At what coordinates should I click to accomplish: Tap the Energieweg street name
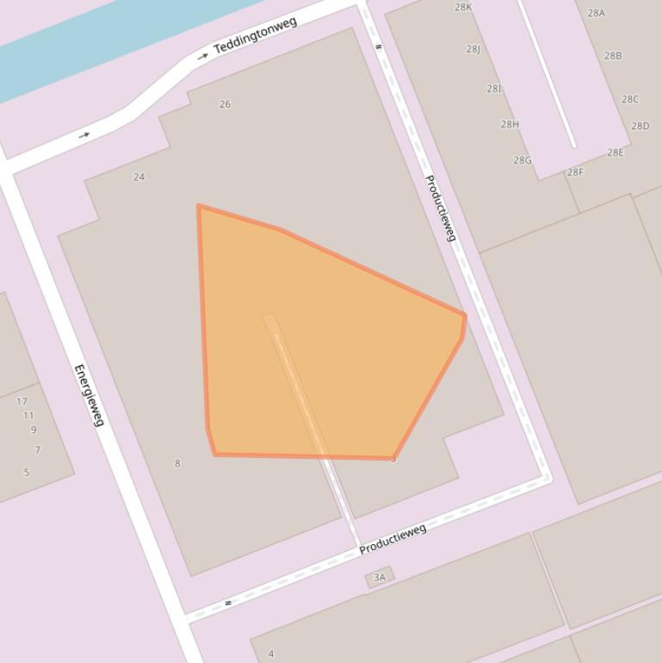(89, 395)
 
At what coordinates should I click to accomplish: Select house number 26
(225, 104)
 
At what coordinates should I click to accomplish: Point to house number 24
(139, 177)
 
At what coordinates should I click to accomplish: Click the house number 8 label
(177, 463)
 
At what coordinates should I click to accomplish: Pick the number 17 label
(22, 401)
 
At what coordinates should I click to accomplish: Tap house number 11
(28, 415)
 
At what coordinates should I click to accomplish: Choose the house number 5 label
(27, 472)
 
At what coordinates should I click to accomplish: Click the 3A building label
(380, 577)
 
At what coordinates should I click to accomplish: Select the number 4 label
(270, 654)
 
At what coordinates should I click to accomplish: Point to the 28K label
(463, 8)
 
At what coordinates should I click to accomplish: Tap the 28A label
(597, 14)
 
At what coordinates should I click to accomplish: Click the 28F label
(575, 172)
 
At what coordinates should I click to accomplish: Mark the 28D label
(640, 127)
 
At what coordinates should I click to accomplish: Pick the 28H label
(510, 125)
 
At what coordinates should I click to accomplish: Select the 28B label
(613, 56)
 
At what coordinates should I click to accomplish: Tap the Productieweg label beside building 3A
(393, 539)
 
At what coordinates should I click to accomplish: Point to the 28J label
(473, 49)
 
